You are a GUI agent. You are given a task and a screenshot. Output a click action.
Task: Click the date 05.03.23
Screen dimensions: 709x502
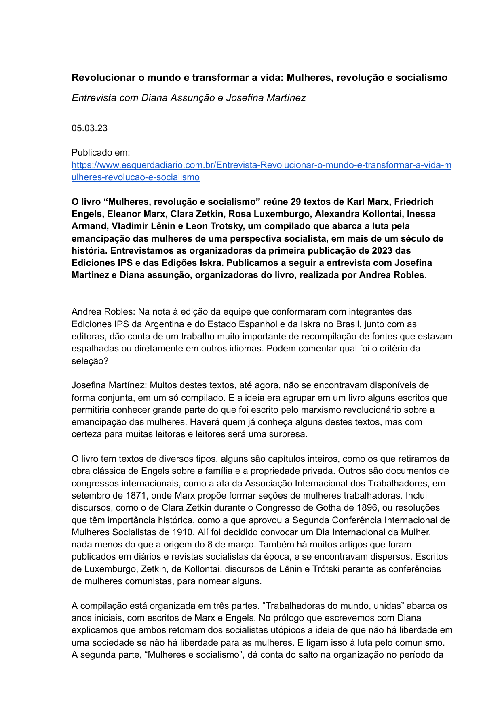pyautogui.click(x=89, y=128)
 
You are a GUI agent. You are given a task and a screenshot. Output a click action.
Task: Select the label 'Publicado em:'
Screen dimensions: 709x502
pyautogui.click(x=101, y=153)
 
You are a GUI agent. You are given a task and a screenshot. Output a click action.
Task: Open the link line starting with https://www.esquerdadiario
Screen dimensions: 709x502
pyautogui.click(x=261, y=165)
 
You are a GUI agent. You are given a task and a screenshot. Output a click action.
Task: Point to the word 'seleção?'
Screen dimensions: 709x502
pyautogui.click(x=90, y=361)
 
